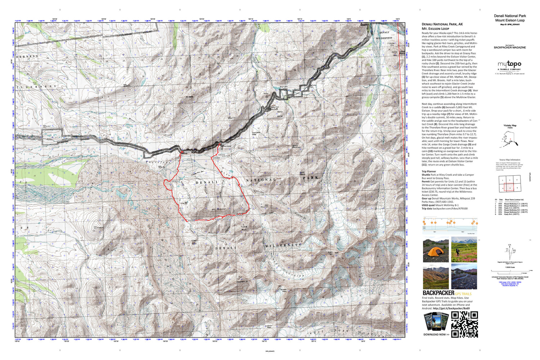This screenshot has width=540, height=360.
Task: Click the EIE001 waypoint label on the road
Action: pyautogui.click(x=187, y=152)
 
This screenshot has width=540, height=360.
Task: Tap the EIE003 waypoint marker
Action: pyautogui.click(x=175, y=181)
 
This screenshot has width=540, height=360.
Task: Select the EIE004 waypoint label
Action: pyautogui.click(x=192, y=220)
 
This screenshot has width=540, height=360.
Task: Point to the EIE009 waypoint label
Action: pyautogui.click(x=216, y=158)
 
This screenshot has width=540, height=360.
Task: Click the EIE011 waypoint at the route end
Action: pyautogui.click(x=225, y=144)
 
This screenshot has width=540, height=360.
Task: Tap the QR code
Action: pyautogui.click(x=464, y=324)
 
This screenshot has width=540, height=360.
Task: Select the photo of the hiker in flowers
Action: pyautogui.click(x=464, y=250)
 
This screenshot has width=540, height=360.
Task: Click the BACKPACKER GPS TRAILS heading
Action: pyautogui.click(x=446, y=293)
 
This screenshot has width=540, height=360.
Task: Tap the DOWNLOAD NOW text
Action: pyautogui.click(x=436, y=334)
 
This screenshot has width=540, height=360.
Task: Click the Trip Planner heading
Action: pyautogui.click(x=429, y=172)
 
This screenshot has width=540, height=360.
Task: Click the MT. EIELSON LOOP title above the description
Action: pyautogui.click(x=435, y=28)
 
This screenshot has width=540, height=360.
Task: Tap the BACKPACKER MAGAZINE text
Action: pyautogui.click(x=509, y=48)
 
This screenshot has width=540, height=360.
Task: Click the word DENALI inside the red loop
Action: pyautogui.click(x=207, y=183)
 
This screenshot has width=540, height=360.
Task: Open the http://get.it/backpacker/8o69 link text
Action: pyautogui.click(x=451, y=308)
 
